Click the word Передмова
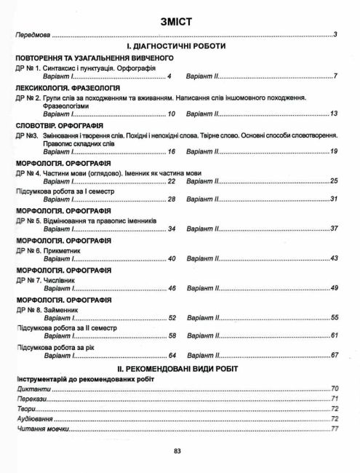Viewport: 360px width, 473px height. [x=33, y=35]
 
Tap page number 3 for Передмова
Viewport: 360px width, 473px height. [x=335, y=35]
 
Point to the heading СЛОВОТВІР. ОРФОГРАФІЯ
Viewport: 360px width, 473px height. [x=58, y=125]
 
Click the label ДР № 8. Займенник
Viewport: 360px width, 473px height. [x=45, y=309]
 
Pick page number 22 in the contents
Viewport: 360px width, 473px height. [x=172, y=181]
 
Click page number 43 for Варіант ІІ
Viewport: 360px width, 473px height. [x=334, y=259]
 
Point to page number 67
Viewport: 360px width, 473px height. [x=334, y=355]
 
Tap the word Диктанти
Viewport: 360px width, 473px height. [x=30, y=390]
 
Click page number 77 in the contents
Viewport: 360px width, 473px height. [x=335, y=429]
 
